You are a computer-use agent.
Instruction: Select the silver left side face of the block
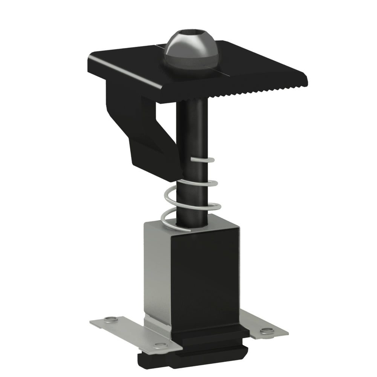pos(156,268)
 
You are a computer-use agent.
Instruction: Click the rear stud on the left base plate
pos(110,320)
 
